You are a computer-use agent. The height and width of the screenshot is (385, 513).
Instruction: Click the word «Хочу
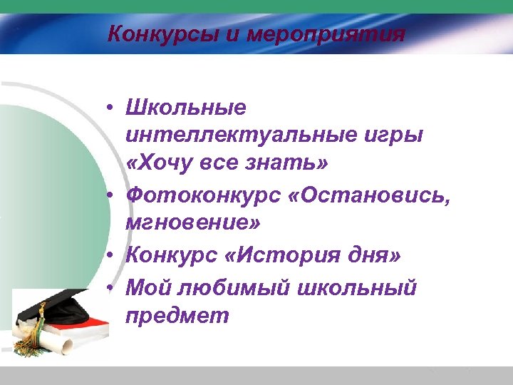coord(160,164)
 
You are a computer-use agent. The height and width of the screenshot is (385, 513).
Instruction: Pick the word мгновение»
coord(193,223)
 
